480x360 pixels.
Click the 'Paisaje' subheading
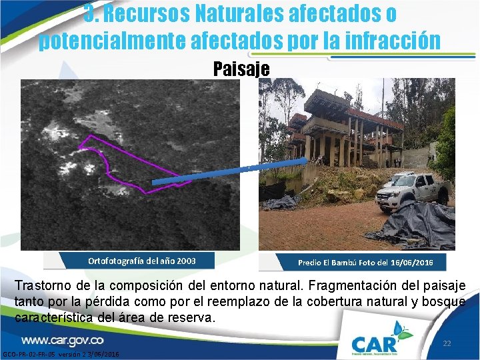click(241, 69)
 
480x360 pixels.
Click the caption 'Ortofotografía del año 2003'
click(142, 261)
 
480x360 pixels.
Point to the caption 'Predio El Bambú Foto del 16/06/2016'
click(365, 262)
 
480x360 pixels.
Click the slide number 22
click(447, 343)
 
